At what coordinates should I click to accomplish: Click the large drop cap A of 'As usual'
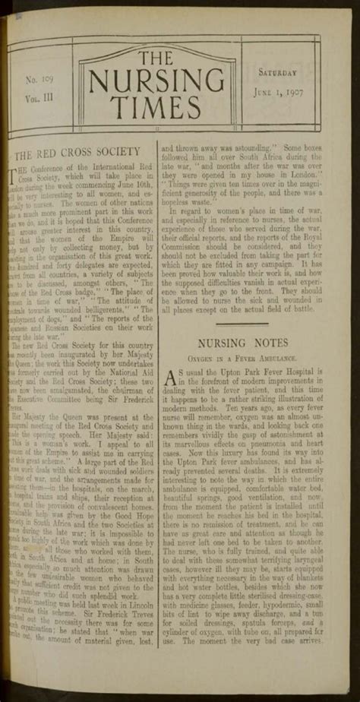[x=174, y=380]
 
